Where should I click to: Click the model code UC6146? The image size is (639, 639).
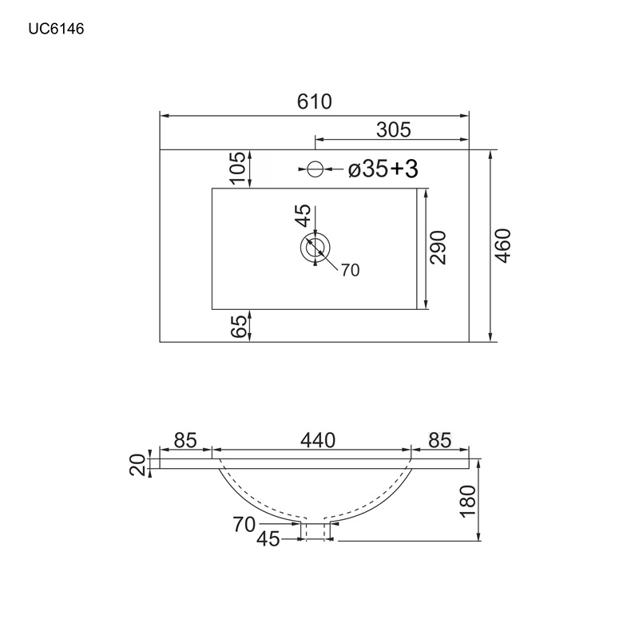[56, 29]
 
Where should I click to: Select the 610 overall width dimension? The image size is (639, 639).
[314, 101]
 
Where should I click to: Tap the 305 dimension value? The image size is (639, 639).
[394, 130]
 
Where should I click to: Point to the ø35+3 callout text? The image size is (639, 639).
[383, 169]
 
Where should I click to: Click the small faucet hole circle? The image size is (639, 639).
[315, 169]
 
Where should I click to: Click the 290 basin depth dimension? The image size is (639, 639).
[438, 248]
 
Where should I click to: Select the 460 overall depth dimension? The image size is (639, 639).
[503, 246]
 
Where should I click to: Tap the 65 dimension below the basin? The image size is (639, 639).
[239, 326]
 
